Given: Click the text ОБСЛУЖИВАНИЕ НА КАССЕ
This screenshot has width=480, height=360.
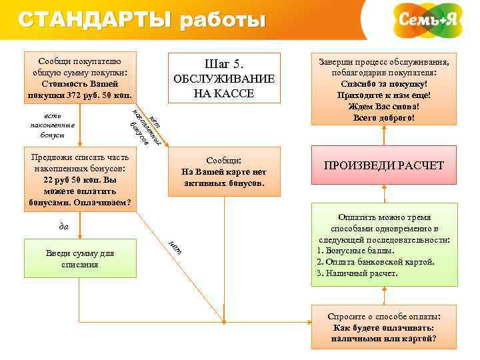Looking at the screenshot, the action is pos(224,86).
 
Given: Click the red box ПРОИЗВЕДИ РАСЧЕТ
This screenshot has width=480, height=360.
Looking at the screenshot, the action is pos(383,165).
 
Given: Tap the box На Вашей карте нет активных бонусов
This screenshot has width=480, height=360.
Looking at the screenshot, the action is pos(223,172).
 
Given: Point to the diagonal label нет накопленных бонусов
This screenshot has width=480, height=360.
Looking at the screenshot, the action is pos(147,125).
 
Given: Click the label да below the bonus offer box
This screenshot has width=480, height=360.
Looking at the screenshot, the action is pos(64,226).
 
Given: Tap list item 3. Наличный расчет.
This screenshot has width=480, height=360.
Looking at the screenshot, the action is pos(357,273).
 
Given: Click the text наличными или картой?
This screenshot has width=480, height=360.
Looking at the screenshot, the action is pos(383,338).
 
